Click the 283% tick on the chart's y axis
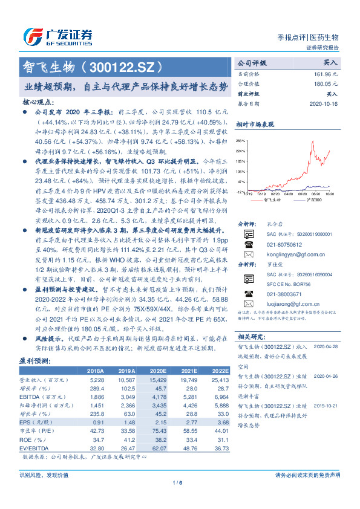241,140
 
